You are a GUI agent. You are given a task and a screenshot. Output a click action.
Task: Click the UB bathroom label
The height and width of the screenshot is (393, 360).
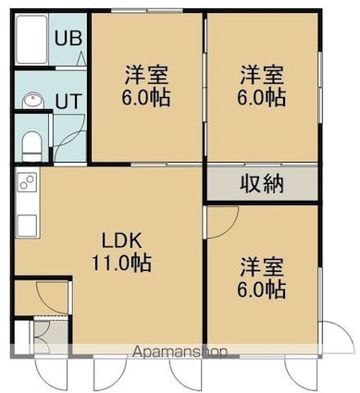[68, 38]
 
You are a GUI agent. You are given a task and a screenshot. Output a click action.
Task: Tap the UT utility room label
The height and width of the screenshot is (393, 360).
[68, 101]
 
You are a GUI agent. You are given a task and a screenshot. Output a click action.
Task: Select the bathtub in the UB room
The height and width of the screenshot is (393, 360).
[31, 39]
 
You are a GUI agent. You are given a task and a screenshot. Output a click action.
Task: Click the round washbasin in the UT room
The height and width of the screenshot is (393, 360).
[32, 100]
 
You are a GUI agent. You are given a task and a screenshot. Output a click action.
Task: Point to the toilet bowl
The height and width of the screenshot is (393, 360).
[32, 146]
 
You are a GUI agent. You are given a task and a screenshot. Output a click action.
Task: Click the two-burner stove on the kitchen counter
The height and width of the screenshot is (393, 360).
[28, 182]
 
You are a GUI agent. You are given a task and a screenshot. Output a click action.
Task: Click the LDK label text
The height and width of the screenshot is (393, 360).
[122, 240]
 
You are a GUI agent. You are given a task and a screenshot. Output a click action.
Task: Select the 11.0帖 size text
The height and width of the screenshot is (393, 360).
[122, 263]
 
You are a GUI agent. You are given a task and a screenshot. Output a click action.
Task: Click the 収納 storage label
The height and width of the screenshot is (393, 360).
[262, 184]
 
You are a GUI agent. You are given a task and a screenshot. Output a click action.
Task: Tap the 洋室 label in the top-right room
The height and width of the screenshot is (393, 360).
[262, 75]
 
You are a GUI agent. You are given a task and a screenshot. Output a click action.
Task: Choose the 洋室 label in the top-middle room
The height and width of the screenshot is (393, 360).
[146, 75]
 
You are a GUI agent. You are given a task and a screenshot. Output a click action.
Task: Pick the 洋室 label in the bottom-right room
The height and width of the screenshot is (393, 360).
[262, 267]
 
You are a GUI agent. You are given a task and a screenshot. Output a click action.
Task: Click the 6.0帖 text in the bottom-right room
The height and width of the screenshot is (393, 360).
[262, 289]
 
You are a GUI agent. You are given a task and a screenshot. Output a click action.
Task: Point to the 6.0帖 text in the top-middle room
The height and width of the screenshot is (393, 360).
[146, 97]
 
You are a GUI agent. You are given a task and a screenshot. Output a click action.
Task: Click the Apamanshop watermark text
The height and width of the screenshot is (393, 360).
[180, 351]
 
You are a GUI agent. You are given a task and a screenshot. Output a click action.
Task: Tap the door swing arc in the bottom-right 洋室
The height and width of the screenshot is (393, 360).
[230, 229]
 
